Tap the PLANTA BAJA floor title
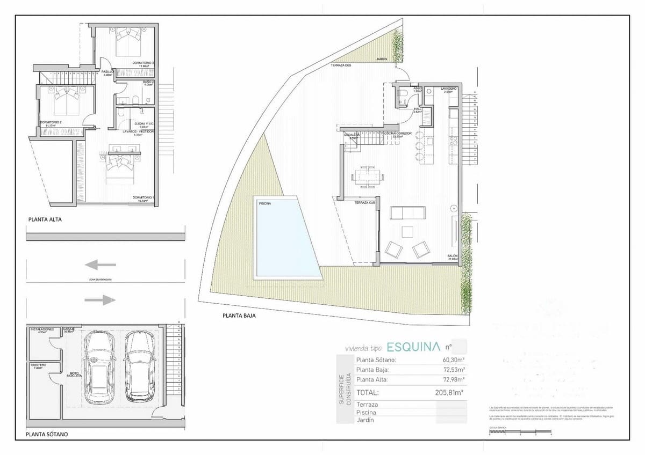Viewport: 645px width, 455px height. pos(239,316)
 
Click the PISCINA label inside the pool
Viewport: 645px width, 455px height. pos(264,204)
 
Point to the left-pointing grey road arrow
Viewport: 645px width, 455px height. pos(100,264)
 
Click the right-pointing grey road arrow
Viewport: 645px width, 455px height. pos(100,300)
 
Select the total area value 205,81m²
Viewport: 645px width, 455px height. pos(449,393)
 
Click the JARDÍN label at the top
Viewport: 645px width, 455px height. pos(382,58)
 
